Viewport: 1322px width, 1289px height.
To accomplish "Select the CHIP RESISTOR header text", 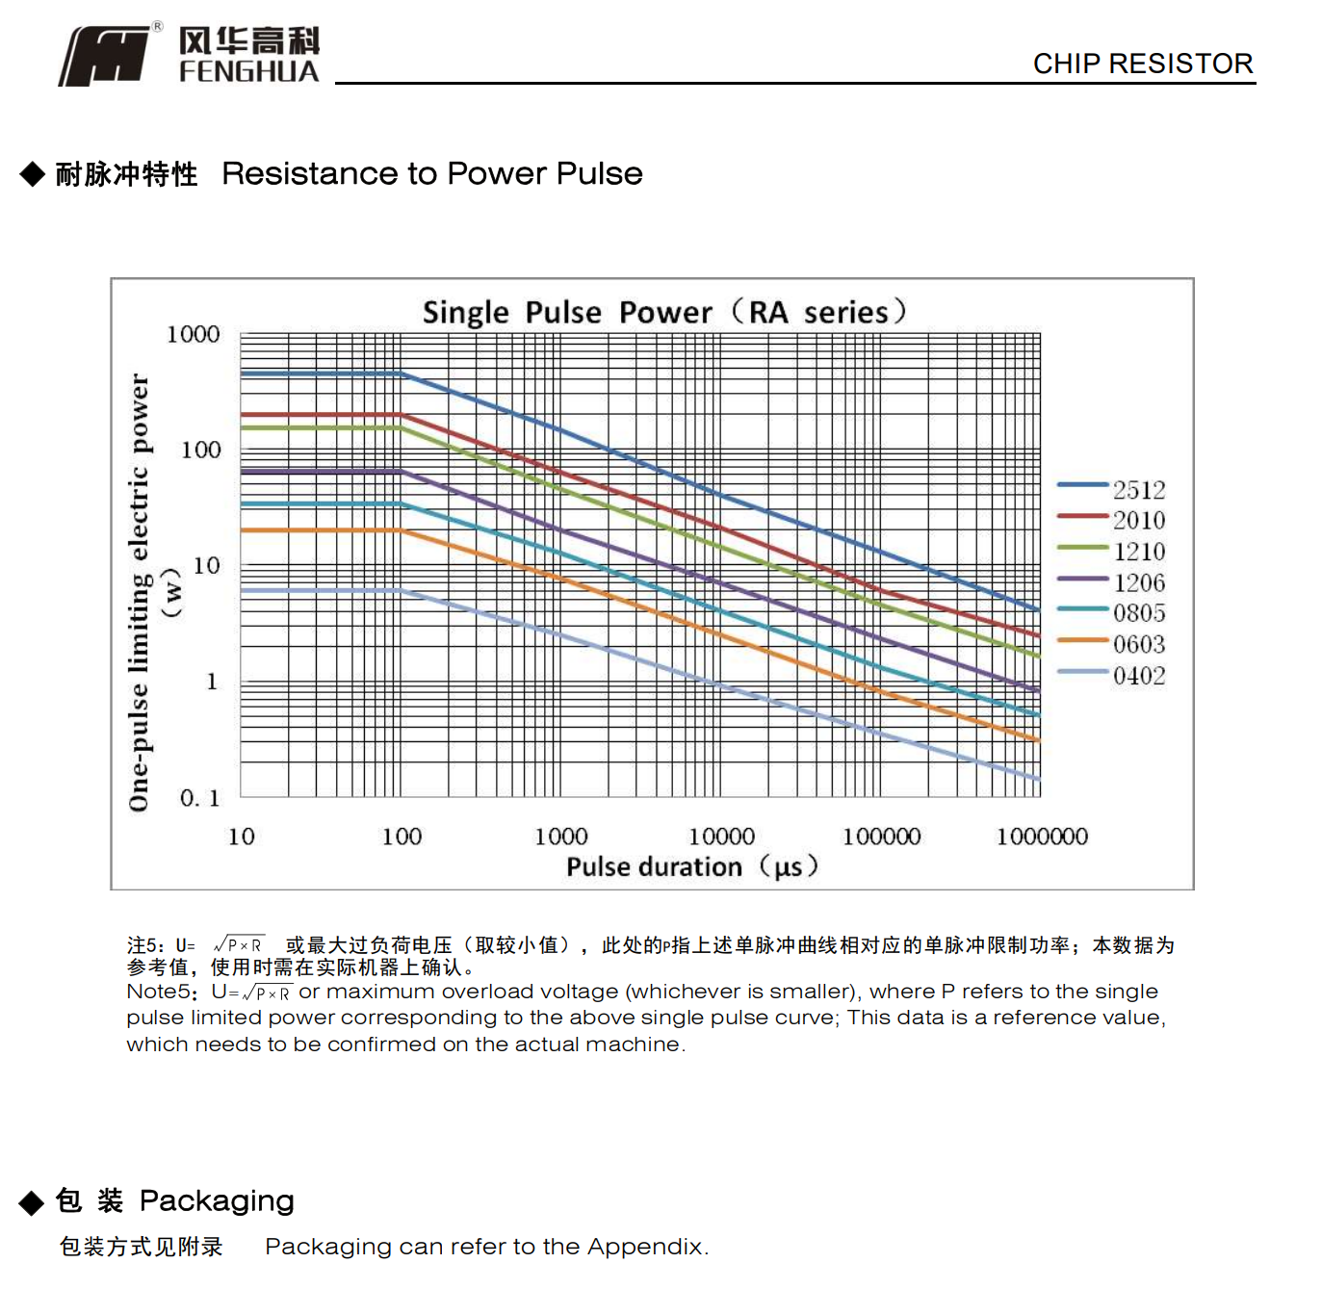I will (x=1142, y=64).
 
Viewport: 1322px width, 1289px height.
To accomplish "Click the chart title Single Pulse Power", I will (x=663, y=312).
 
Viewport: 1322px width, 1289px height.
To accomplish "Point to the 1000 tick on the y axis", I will (x=194, y=334).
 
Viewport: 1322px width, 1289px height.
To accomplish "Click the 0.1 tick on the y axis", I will (x=200, y=798).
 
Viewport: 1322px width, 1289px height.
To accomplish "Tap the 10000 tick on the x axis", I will (x=721, y=837).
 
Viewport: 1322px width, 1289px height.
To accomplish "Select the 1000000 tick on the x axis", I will (x=1042, y=837).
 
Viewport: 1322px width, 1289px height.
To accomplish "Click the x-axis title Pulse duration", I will (x=691, y=866).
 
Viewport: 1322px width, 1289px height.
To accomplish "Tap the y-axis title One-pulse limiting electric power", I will (x=141, y=592).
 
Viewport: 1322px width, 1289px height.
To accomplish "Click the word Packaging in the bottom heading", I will (x=217, y=1200).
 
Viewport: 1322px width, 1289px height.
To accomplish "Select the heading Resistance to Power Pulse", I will (x=431, y=173).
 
